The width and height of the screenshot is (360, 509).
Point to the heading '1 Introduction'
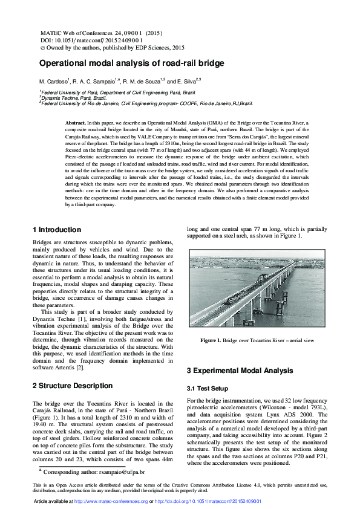point(56,230)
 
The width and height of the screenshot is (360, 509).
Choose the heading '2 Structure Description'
point(72,385)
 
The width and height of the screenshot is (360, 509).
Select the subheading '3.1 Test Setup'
point(208,388)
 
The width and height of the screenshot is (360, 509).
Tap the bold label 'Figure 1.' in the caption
point(211,341)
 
